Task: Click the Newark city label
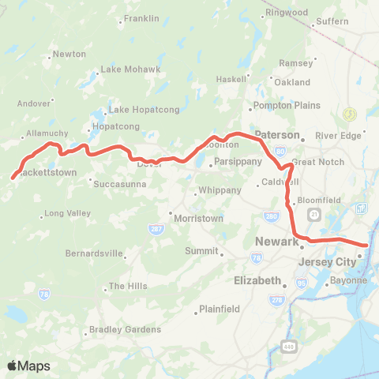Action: [277, 242]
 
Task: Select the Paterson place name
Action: [278, 135]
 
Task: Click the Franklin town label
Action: [141, 18]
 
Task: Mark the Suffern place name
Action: [332, 21]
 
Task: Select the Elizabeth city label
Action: [258, 281]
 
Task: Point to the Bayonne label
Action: [349, 280]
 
